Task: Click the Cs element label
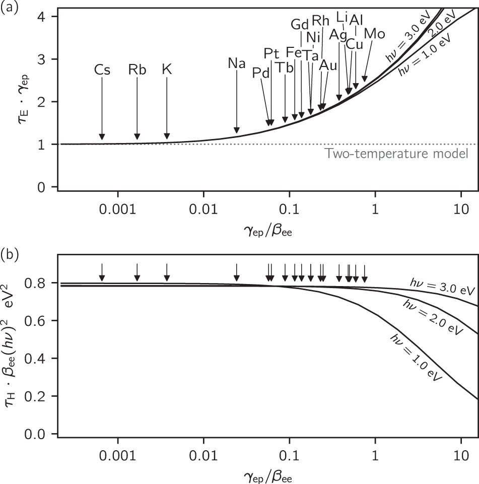pyautogui.click(x=102, y=70)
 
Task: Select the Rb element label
pyautogui.click(x=136, y=70)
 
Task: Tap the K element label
pyautogui.click(x=167, y=70)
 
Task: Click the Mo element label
pyautogui.click(x=374, y=34)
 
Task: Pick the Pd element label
pyautogui.click(x=261, y=73)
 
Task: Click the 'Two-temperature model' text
pyautogui.click(x=397, y=154)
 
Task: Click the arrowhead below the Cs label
pyautogui.click(x=102, y=136)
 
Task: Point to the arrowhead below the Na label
pyautogui.click(x=236, y=130)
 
